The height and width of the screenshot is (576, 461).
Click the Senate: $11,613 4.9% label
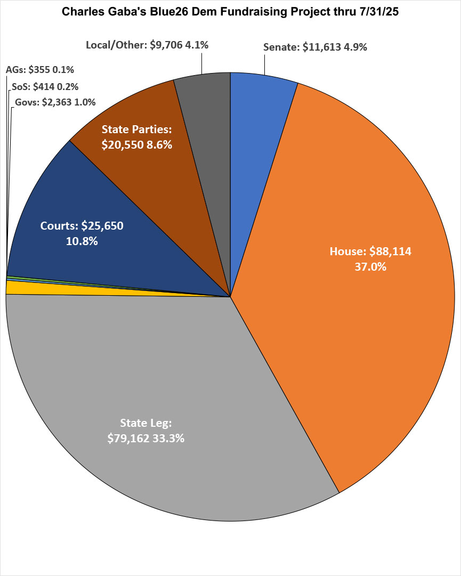point(315,47)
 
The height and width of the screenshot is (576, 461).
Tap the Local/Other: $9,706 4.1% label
point(147,45)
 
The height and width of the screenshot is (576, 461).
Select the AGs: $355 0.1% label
point(40,69)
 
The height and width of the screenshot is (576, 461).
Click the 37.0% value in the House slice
point(370,267)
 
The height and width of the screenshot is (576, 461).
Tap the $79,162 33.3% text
point(146,439)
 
